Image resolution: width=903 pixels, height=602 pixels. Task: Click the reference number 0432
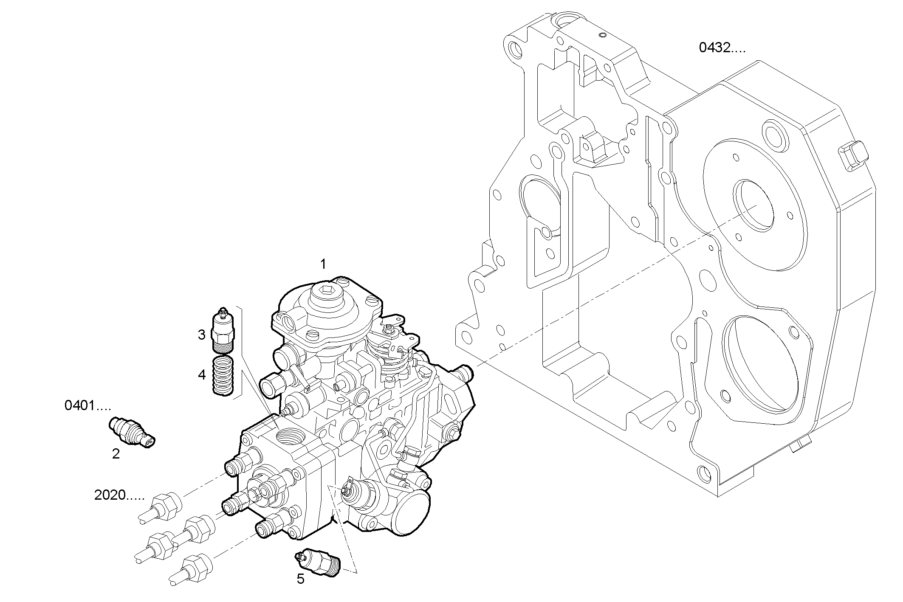tap(722, 48)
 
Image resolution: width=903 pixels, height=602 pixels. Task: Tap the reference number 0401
tap(87, 406)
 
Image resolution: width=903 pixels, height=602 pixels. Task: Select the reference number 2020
tap(119, 495)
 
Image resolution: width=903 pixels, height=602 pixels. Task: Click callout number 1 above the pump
tap(323, 264)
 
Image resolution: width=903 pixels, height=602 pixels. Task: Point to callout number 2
tap(116, 454)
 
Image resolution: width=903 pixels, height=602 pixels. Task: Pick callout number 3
tap(202, 335)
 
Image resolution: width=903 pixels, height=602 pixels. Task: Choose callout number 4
tap(202, 374)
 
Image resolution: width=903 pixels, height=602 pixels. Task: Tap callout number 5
tap(301, 579)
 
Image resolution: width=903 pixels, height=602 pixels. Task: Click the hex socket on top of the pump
tap(326, 291)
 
